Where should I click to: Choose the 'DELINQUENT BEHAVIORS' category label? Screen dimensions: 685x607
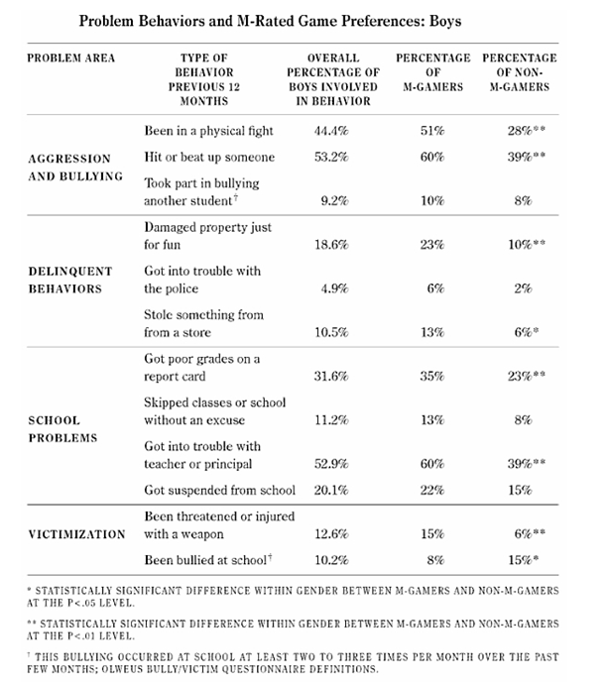click(67, 280)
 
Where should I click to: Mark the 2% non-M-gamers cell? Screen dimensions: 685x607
click(518, 288)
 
